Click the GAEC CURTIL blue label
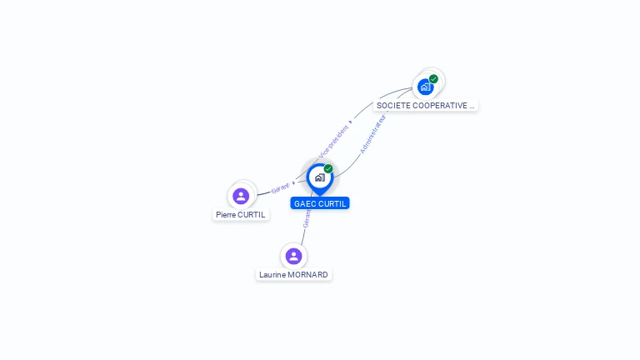coord(320,203)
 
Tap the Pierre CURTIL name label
coord(241,214)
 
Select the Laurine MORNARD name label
coord(293,274)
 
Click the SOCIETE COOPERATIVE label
coord(425,106)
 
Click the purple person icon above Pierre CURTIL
coord(241,196)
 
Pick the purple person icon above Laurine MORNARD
coord(293,256)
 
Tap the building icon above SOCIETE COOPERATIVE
coord(426,87)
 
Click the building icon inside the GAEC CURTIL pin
coord(319,177)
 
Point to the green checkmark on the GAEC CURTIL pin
coord(328,169)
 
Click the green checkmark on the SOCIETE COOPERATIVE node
coord(433,79)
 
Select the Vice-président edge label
coord(333,142)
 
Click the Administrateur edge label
coord(373,134)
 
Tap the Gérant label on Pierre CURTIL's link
coord(280,188)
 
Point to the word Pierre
coord(226,214)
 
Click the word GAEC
coord(305,203)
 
